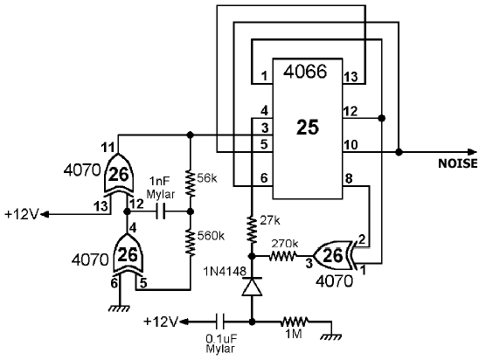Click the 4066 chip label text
[x=305, y=72]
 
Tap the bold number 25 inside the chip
[x=308, y=127]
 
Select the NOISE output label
[x=458, y=163]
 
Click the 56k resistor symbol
[x=190, y=183]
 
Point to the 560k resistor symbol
[x=190, y=242]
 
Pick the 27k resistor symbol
[x=252, y=230]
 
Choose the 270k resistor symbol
[x=282, y=256]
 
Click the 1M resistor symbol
[x=295, y=322]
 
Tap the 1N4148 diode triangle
[x=252, y=287]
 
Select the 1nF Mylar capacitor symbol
[x=160, y=211]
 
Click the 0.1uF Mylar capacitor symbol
[x=220, y=322]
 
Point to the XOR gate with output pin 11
[x=119, y=175]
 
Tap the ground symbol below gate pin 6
[x=119, y=308]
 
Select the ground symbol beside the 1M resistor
[x=331, y=336]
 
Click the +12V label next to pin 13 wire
[x=22, y=215]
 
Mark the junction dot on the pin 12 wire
[x=381, y=118]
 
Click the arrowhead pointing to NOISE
[x=472, y=152]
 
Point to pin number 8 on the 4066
[x=349, y=178]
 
